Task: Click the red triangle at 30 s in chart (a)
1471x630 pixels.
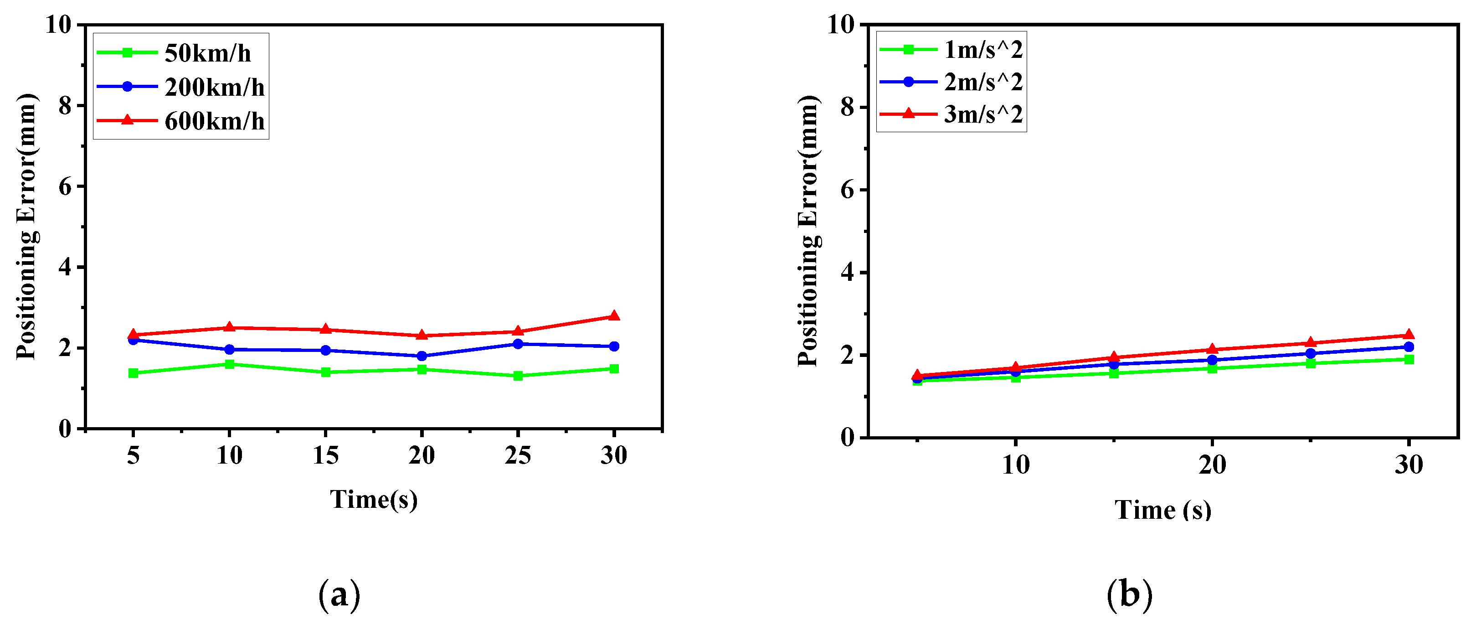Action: click(614, 316)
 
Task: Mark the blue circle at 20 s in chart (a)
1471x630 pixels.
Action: click(422, 356)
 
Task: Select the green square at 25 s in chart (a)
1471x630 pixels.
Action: click(518, 376)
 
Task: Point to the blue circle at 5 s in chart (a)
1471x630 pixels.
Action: click(133, 341)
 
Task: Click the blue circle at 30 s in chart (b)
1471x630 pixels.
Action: click(1409, 347)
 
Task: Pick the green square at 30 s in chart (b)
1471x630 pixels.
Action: click(1409, 359)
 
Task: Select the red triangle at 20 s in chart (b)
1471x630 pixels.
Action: click(1212, 350)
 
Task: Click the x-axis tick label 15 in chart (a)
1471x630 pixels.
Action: click(325, 456)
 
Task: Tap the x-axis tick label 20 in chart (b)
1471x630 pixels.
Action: click(1212, 465)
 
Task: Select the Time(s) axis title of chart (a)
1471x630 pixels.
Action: click(374, 499)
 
